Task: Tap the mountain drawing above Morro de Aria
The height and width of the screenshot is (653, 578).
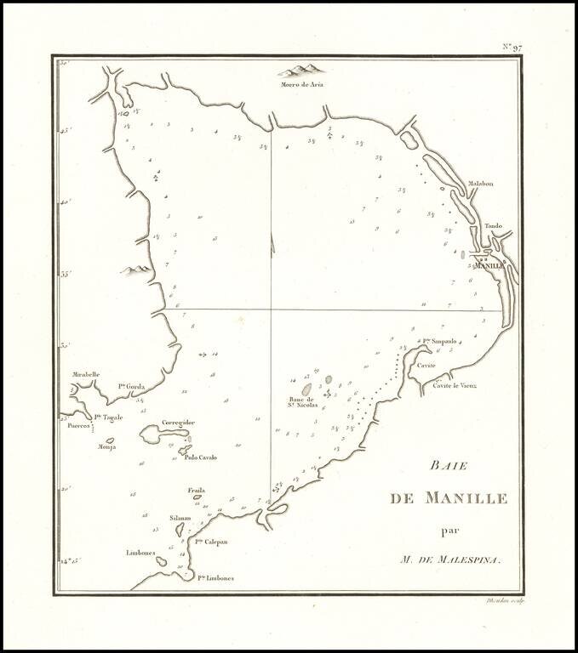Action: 302,69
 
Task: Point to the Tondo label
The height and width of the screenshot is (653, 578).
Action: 494,226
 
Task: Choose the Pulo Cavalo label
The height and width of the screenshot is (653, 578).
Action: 200,457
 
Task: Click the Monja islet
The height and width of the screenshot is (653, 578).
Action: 110,440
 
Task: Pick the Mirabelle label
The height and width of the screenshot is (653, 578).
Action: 87,374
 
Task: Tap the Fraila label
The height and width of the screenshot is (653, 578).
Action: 197,491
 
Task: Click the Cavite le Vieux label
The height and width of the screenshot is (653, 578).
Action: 454,385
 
